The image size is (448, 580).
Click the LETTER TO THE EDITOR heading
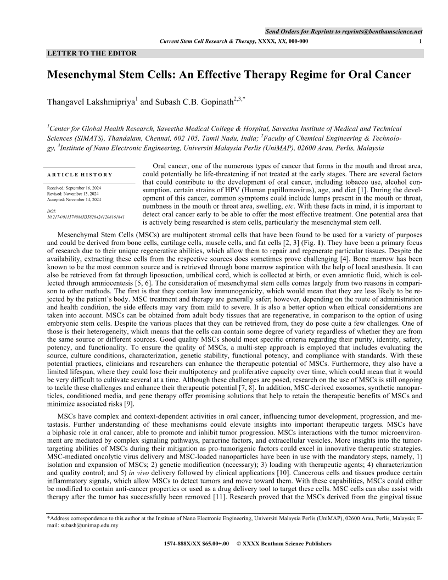click(92, 53)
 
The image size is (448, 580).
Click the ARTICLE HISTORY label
click(80, 175)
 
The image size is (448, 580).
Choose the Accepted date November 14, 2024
click(83, 199)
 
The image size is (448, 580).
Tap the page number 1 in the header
click(420, 42)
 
